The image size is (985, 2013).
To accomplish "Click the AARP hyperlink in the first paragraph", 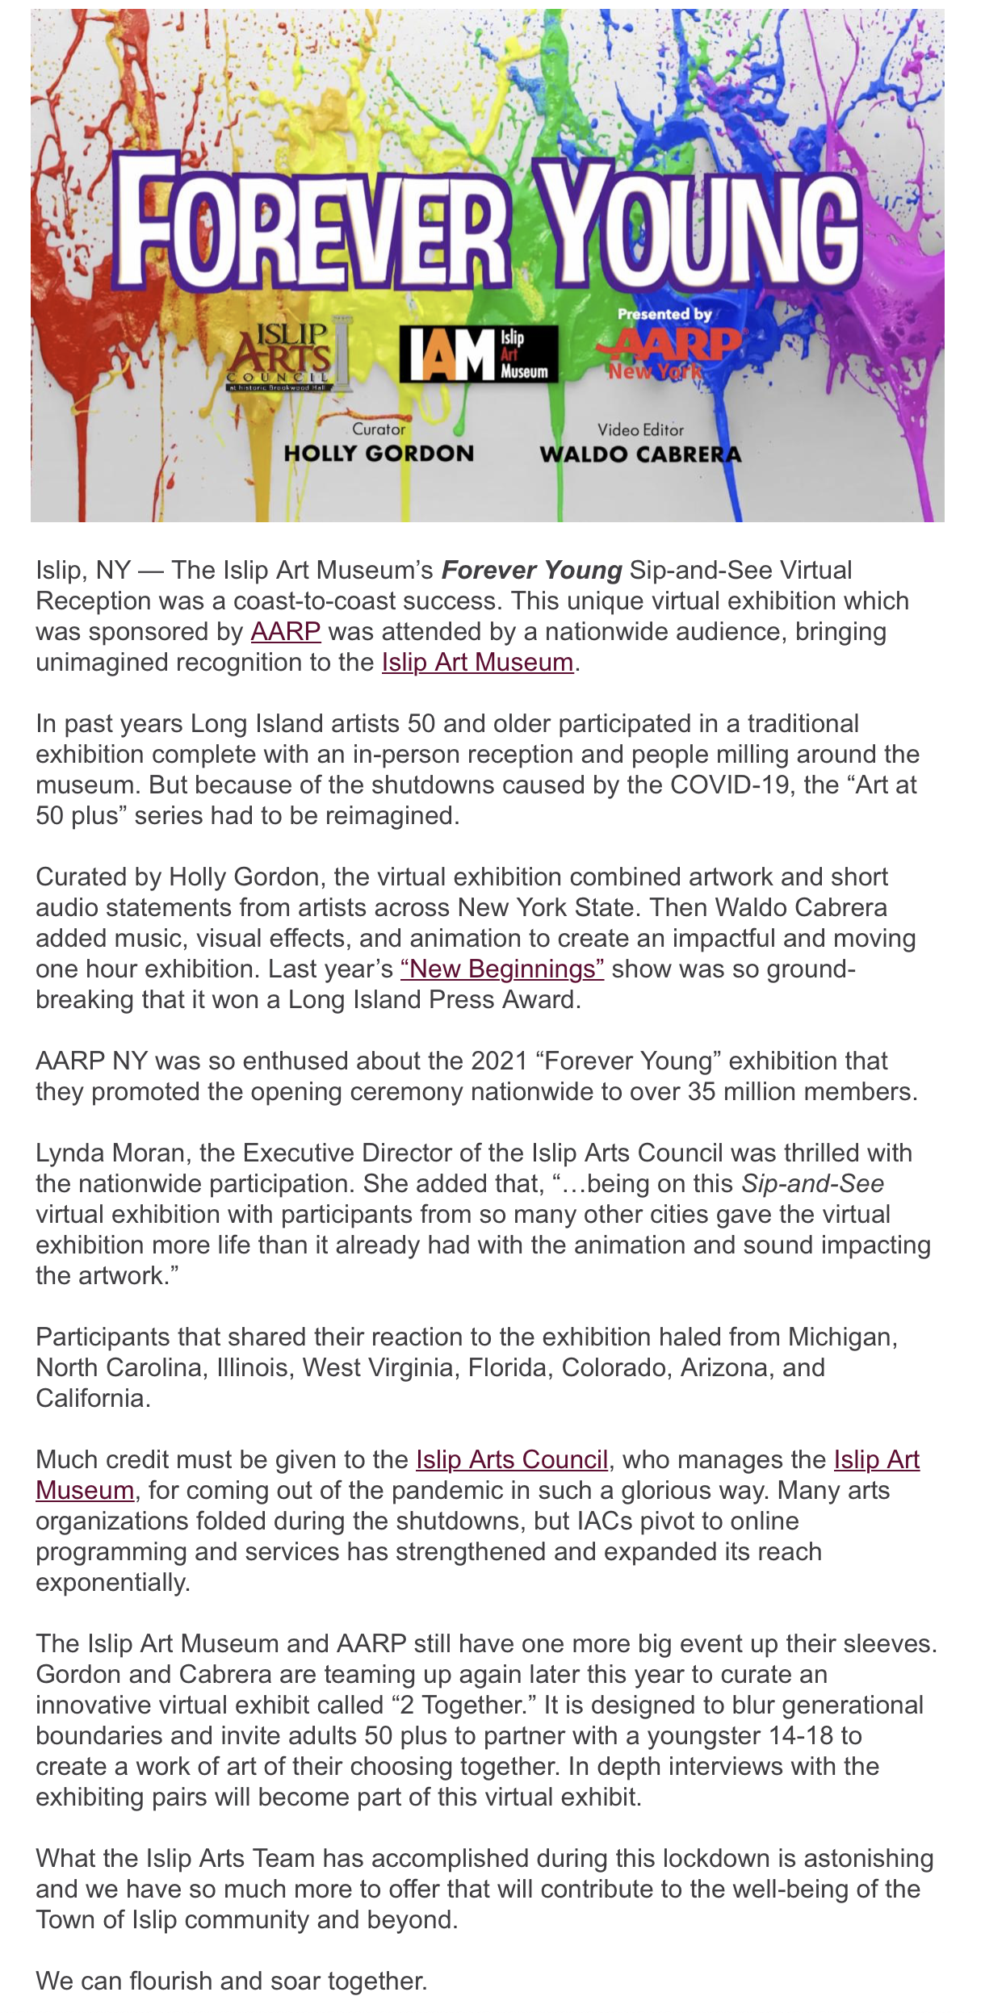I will [286, 631].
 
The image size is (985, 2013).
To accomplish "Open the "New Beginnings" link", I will [501, 969].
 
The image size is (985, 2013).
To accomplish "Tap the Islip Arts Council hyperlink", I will [512, 1459].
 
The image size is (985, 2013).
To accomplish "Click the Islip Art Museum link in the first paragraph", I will [477, 662].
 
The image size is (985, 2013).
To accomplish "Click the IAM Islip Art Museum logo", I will [479, 354].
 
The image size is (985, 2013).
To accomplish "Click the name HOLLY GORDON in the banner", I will [379, 454].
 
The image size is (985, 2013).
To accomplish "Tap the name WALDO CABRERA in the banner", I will [640, 454].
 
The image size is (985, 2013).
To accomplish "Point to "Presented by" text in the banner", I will [664, 314].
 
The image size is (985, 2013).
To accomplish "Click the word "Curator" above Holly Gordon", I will [379, 429].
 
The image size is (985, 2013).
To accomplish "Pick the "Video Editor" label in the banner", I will [640, 430].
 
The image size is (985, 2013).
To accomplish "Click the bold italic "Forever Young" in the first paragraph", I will [531, 570].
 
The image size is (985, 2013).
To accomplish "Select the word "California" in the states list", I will [92, 1398].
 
